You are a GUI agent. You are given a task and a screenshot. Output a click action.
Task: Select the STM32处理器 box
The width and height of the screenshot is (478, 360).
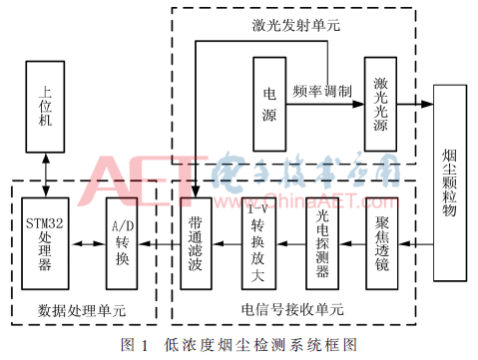click(x=43, y=244)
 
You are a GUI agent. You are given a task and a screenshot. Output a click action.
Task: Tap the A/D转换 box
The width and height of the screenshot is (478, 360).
click(x=121, y=244)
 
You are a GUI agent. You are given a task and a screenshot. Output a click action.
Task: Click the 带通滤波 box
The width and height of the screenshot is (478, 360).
click(x=196, y=244)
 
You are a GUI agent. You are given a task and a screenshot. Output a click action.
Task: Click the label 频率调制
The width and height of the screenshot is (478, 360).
click(x=322, y=91)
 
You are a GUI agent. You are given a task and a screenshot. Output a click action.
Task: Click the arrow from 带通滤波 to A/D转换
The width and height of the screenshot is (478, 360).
click(x=158, y=244)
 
